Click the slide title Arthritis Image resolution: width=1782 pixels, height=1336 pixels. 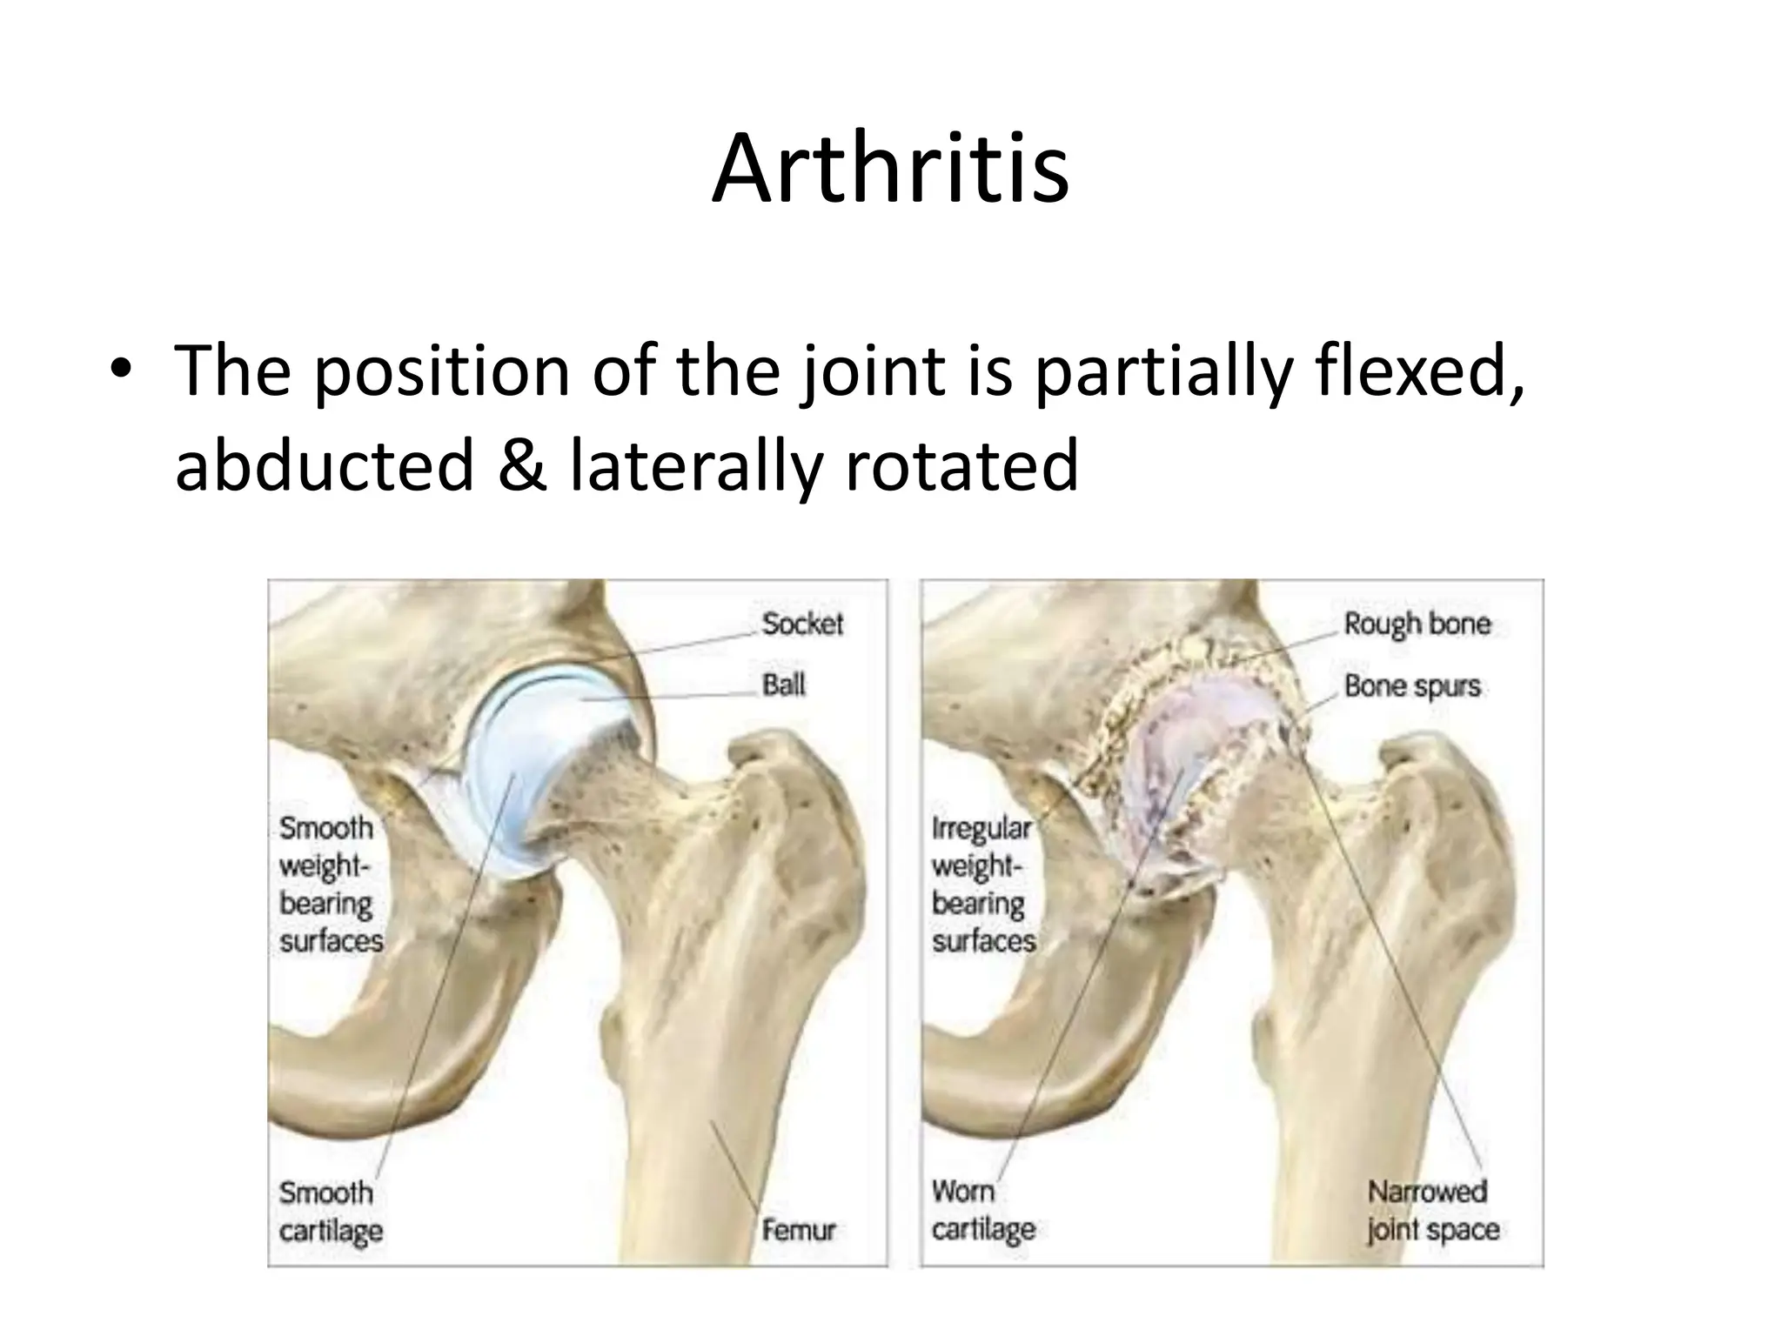pos(890,169)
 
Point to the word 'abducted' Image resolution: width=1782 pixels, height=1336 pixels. pos(325,464)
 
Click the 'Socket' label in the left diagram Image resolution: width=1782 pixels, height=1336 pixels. pos(802,624)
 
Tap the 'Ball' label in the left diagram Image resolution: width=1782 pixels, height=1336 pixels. pos(783,685)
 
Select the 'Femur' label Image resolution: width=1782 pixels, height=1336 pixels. pos(799,1230)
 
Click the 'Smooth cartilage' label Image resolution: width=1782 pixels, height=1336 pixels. pos(331,1211)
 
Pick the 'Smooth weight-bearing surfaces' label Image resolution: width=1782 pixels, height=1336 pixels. pos(331,884)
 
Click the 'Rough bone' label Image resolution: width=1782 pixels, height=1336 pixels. pos(1417,624)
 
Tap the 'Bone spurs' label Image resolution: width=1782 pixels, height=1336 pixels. pos(1412,686)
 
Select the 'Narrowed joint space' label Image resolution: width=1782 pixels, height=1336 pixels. pos(1432,1211)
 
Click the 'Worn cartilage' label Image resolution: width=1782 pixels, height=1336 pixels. pos(983,1211)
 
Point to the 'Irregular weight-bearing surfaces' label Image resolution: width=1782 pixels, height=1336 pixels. pos(983,884)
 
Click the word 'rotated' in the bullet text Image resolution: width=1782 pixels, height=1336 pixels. pos(961,464)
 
